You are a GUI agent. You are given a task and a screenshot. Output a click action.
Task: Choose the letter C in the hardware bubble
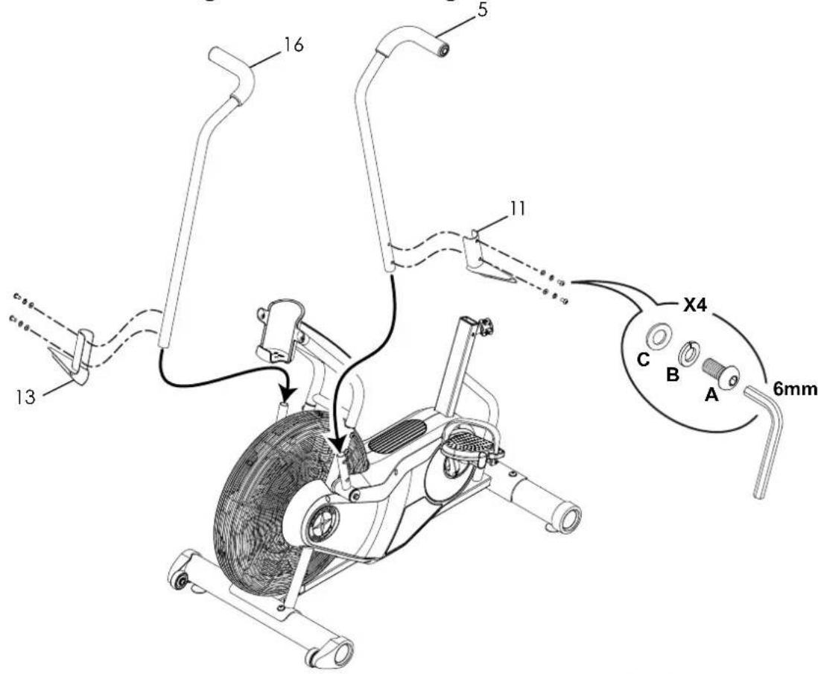[645, 359]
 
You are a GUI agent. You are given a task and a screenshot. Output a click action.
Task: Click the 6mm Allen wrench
[767, 440]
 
